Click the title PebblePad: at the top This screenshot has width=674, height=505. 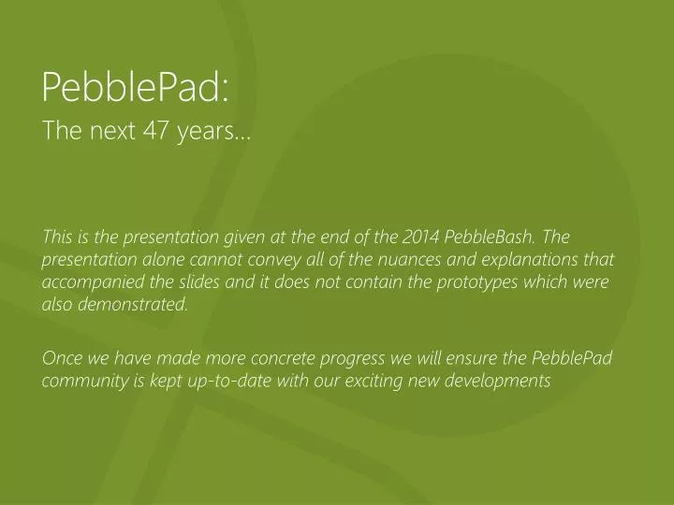(136, 88)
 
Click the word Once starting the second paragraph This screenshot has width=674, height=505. (63, 359)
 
